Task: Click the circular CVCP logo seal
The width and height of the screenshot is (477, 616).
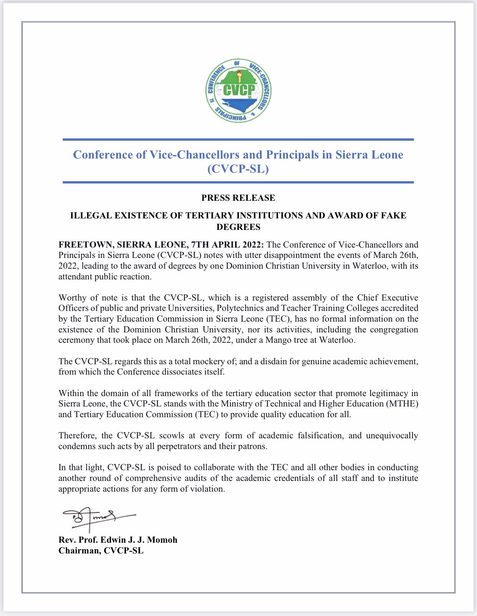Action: pyautogui.click(x=238, y=91)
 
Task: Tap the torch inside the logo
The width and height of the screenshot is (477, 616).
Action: pyautogui.click(x=239, y=76)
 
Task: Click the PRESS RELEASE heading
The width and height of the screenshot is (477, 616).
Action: pyautogui.click(x=238, y=198)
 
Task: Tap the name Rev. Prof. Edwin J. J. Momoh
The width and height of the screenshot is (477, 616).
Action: pyautogui.click(x=118, y=540)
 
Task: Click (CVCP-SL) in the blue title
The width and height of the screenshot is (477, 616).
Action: pyautogui.click(x=238, y=169)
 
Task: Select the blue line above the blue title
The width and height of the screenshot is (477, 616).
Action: pyautogui.click(x=238, y=140)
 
